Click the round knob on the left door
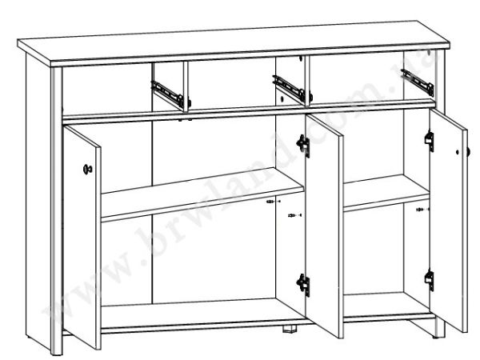[87, 169]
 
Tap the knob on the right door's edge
[467, 151]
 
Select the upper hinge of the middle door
[303, 146]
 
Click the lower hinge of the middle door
[303, 285]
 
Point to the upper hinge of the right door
[430, 141]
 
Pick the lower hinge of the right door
[430, 281]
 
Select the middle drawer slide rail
[290, 88]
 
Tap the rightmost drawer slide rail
[418, 82]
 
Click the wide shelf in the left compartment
[202, 194]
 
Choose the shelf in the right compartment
[386, 193]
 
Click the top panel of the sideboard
[234, 43]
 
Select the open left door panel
[82, 238]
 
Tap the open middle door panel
[325, 226]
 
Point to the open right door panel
[449, 221]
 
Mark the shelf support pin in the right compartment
[422, 210]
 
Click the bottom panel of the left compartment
[202, 315]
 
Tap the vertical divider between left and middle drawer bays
[186, 87]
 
